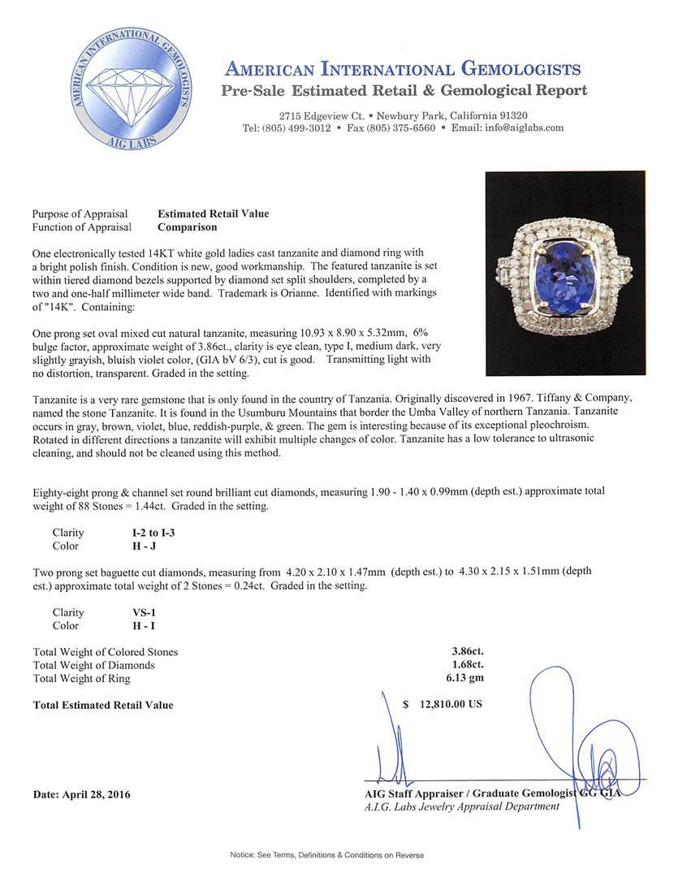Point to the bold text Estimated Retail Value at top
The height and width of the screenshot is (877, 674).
click(213, 214)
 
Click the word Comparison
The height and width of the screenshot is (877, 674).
click(187, 227)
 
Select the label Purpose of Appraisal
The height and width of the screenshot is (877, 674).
click(80, 214)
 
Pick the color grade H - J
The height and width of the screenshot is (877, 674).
click(133, 546)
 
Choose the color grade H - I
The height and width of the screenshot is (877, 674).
click(133, 625)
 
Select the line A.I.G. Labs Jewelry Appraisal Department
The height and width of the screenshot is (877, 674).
click(462, 806)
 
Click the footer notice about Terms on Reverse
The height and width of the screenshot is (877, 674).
click(337, 855)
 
